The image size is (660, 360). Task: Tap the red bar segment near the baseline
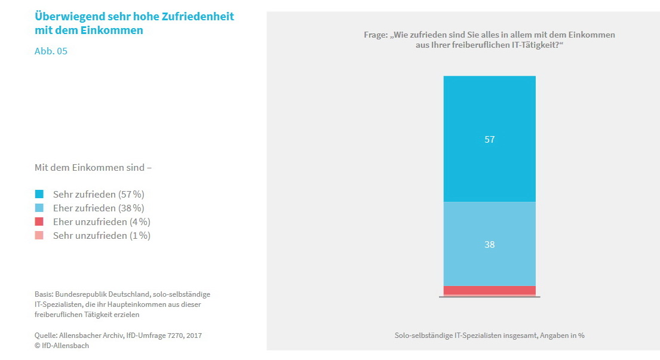click(489, 290)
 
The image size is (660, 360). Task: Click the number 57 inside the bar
click(490, 139)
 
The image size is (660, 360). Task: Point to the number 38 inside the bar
click(490, 244)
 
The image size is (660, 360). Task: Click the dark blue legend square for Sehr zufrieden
click(39, 194)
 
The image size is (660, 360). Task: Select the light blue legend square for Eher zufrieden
click(39, 208)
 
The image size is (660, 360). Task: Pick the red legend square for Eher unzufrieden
click(39, 221)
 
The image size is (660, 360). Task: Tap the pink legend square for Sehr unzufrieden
click(39, 235)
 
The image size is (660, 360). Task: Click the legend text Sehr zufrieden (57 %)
click(99, 194)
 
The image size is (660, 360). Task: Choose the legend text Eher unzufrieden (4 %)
click(102, 221)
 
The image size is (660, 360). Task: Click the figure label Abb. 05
click(51, 51)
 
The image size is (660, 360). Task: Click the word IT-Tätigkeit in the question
click(526, 46)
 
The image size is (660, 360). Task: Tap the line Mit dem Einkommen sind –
click(93, 168)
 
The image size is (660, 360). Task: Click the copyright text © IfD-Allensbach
click(62, 346)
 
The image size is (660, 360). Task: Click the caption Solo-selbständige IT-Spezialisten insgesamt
click(466, 336)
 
